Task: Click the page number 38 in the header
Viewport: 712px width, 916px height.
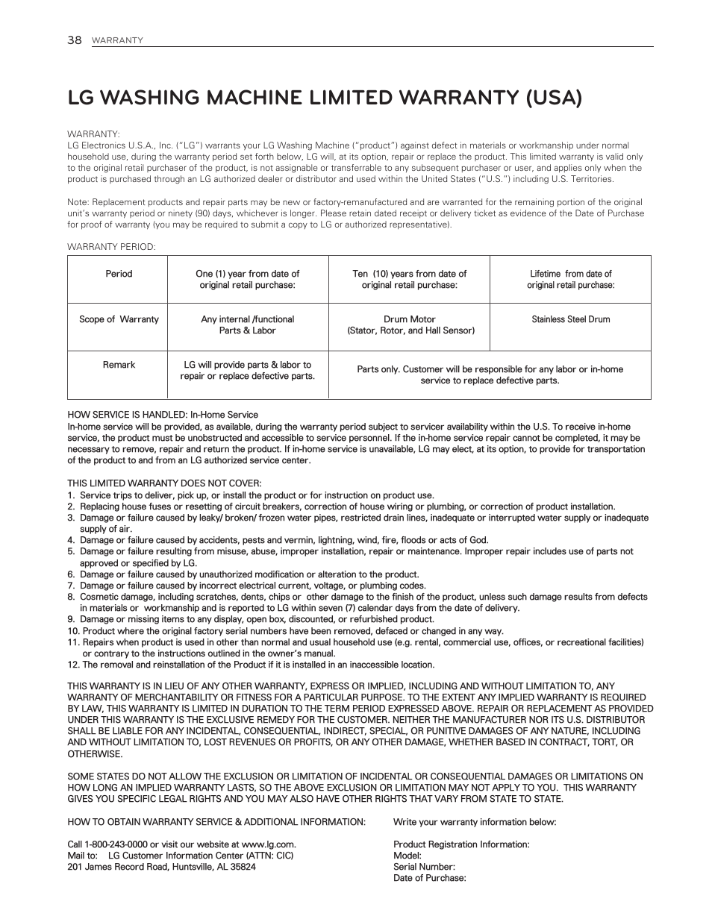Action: pyautogui.click(x=74, y=40)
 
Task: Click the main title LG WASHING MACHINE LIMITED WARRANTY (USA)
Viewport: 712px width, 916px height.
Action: pyautogui.click(x=325, y=98)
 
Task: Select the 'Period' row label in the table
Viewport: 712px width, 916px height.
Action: pyautogui.click(x=119, y=274)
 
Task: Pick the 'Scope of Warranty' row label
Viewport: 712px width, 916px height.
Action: pyautogui.click(x=119, y=319)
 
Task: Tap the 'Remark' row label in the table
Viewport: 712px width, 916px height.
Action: pyautogui.click(x=119, y=365)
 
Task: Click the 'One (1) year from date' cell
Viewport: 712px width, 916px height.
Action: pyautogui.click(x=247, y=279)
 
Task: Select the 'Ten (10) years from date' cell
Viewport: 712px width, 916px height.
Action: pyautogui.click(x=409, y=279)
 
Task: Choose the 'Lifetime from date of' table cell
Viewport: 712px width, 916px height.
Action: pyautogui.click(x=570, y=279)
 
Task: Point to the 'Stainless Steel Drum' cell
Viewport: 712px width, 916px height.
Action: pyautogui.click(x=570, y=319)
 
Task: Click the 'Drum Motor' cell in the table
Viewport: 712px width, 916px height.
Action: pyautogui.click(x=410, y=324)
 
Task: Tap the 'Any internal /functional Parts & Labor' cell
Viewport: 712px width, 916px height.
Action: pyautogui.click(x=247, y=324)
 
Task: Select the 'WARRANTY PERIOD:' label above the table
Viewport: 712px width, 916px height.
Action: pyautogui.click(x=111, y=247)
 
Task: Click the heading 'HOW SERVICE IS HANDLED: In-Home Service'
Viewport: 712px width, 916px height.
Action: pyautogui.click(x=163, y=415)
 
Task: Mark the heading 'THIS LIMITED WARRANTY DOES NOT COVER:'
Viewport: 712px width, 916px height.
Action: pyautogui.click(x=164, y=483)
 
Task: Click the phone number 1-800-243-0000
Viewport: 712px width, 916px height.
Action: pyautogui.click(x=115, y=844)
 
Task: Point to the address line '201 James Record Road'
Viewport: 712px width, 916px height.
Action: pyautogui.click(x=161, y=867)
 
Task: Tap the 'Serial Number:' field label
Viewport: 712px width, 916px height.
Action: pyautogui.click(x=423, y=867)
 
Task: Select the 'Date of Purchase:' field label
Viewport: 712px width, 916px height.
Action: pyautogui.click(x=429, y=878)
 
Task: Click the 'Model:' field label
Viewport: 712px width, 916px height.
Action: pyautogui.click(x=407, y=856)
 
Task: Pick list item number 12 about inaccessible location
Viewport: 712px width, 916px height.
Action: pyautogui.click(x=251, y=665)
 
